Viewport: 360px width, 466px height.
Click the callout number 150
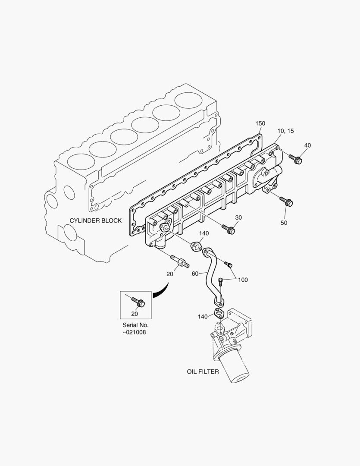(260, 123)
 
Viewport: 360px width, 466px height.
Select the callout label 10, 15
(285, 131)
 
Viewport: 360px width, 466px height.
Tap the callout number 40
(307, 145)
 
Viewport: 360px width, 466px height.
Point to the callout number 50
(284, 223)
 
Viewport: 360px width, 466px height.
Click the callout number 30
(238, 217)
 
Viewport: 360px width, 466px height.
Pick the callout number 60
(195, 274)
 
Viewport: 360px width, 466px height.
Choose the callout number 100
(243, 280)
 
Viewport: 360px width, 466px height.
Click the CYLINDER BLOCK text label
(96, 220)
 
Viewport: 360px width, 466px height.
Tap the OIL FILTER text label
(203, 372)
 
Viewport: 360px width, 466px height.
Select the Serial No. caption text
(135, 325)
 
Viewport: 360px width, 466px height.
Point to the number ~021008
(134, 333)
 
